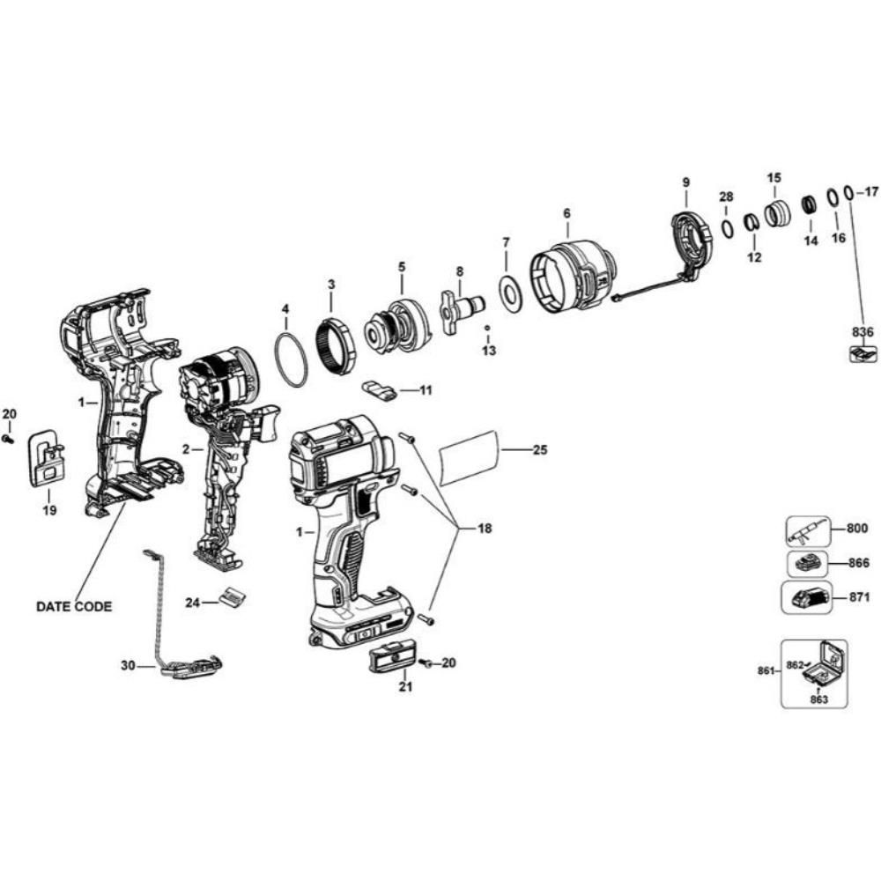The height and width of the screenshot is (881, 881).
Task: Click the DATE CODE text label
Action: pyautogui.click(x=75, y=607)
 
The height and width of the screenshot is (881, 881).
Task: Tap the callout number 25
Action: pyautogui.click(x=539, y=450)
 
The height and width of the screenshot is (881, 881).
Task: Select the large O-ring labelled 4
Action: pyautogui.click(x=291, y=359)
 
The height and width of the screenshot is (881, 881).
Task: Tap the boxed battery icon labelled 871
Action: pyautogui.click(x=811, y=599)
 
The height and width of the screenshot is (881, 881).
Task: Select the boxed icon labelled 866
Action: pyautogui.click(x=807, y=564)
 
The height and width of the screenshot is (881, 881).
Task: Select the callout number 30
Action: pyautogui.click(x=129, y=666)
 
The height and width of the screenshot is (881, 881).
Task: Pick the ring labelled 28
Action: pyautogui.click(x=728, y=228)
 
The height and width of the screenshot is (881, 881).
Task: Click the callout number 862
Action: pyautogui.click(x=796, y=666)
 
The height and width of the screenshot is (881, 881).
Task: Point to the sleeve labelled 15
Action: pyautogui.click(x=775, y=214)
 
